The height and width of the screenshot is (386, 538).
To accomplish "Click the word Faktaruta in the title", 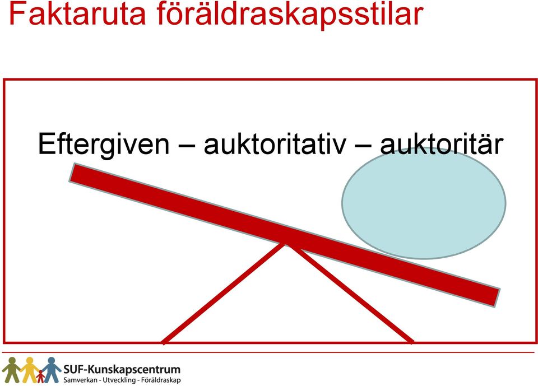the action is pyautogui.click(x=77, y=13).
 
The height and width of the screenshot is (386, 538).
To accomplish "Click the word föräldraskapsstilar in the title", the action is pyautogui.click(x=290, y=15).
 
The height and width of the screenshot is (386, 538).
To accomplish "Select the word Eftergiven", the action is pyautogui.click(x=104, y=144).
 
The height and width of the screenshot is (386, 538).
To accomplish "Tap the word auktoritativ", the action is pyautogui.click(x=275, y=144).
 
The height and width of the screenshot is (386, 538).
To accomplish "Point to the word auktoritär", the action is pyautogui.click(x=442, y=143).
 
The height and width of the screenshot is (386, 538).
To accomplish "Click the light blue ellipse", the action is pyautogui.click(x=424, y=203).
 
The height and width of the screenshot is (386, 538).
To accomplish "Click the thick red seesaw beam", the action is pyautogui.click(x=284, y=235).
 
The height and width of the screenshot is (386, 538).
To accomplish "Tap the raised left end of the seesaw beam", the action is pyautogui.click(x=72, y=173).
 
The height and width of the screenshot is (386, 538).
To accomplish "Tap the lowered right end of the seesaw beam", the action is pyautogui.click(x=497, y=297).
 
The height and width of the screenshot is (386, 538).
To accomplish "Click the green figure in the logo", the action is pyautogui.click(x=11, y=370).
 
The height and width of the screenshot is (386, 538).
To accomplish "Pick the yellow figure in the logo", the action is pyautogui.click(x=30, y=370).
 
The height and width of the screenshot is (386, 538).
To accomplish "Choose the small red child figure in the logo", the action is pyautogui.click(x=40, y=376).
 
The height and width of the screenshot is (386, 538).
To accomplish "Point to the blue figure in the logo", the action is pyautogui.click(x=52, y=370).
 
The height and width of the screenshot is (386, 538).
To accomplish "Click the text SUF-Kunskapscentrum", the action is pyautogui.click(x=122, y=370).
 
